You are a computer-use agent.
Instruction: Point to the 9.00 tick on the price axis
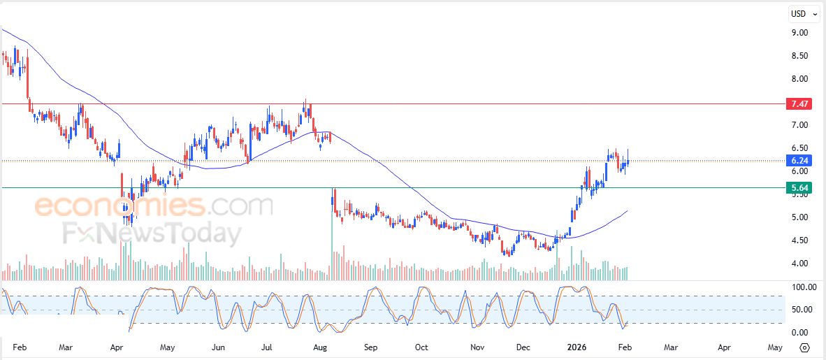click(x=799, y=33)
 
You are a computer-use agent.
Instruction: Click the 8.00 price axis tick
click(x=799, y=79)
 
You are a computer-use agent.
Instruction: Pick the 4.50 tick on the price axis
click(x=799, y=240)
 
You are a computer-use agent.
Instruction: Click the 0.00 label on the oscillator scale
click(x=799, y=333)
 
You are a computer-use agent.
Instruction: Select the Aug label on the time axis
click(x=320, y=347)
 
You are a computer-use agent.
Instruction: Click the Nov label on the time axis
click(x=477, y=347)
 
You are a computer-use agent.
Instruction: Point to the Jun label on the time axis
click(x=218, y=347)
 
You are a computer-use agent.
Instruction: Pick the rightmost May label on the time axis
click(x=775, y=347)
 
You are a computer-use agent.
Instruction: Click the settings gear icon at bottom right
click(x=804, y=347)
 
